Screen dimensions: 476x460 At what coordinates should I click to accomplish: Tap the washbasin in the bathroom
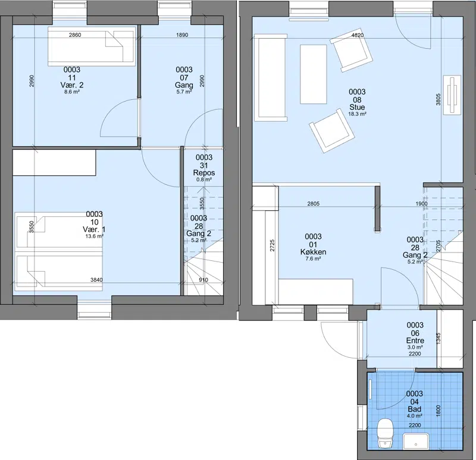point(415,442)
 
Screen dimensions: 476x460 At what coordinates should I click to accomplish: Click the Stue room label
point(357,107)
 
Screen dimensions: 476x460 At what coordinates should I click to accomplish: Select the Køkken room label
point(314,252)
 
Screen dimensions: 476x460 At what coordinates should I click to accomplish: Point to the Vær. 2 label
point(72,85)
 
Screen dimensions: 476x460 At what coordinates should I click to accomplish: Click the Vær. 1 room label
point(94,229)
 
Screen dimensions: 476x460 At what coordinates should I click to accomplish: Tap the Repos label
point(204,173)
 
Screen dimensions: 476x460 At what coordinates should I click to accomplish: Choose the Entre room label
point(415,341)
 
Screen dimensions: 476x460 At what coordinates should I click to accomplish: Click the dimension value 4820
point(358,35)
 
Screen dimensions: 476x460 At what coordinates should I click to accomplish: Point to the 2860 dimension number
point(75,35)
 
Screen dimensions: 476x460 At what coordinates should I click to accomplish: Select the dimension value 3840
point(96,280)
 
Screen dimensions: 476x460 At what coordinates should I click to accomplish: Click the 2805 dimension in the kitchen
point(314,204)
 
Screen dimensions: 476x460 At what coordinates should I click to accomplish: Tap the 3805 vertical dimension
point(438,99)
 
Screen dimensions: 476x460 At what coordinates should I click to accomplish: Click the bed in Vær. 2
point(92,46)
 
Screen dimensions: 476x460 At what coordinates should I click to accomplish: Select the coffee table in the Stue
point(314,74)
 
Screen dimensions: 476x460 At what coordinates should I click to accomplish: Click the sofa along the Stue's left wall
point(271,78)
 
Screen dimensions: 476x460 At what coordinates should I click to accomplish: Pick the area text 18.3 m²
point(358,114)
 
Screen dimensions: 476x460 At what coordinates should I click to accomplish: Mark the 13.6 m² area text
point(95,236)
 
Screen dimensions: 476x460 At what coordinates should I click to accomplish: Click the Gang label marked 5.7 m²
point(184,85)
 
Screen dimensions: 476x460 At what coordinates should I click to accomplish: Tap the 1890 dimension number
point(182,35)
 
